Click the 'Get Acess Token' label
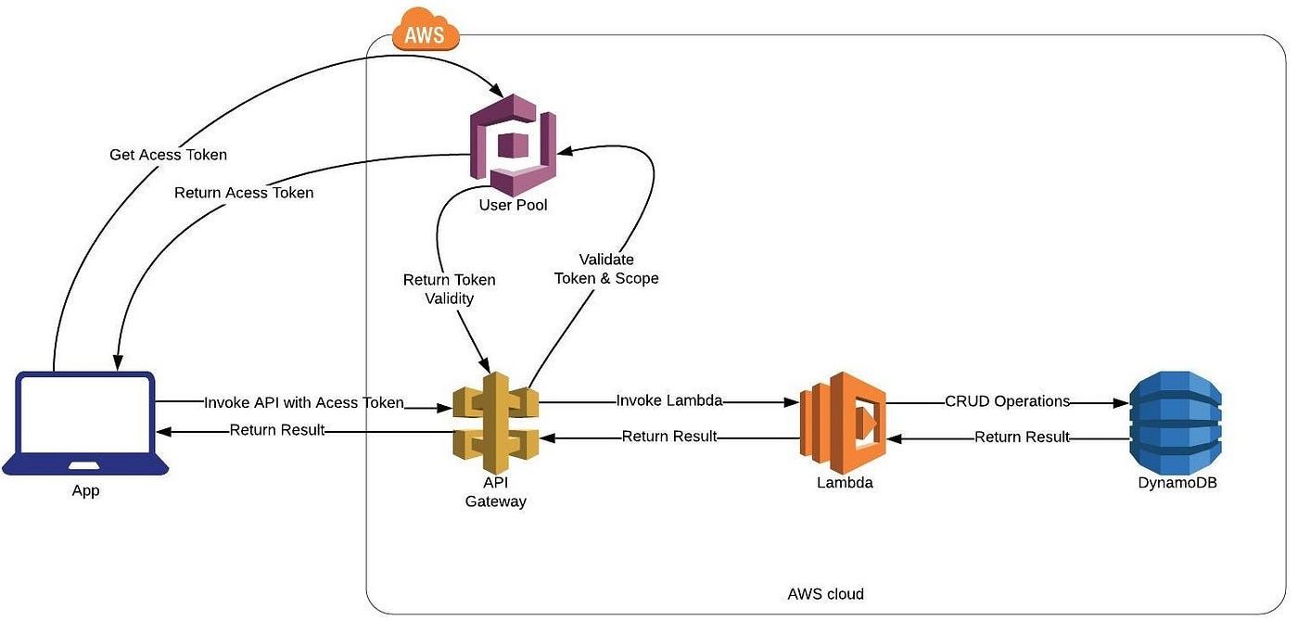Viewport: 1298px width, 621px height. (168, 154)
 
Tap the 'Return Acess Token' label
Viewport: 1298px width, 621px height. (244, 193)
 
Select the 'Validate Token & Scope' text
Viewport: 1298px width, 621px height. (606, 269)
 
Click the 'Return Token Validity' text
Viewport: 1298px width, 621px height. (449, 289)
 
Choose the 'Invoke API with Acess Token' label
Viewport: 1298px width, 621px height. (304, 402)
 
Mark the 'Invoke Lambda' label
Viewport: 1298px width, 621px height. (669, 401)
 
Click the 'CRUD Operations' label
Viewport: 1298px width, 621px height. (1008, 401)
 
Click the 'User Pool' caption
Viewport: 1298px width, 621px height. (513, 205)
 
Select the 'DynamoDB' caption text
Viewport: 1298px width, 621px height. (1177, 482)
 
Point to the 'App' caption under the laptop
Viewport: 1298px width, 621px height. (85, 491)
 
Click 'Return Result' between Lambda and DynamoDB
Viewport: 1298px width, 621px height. (1022, 437)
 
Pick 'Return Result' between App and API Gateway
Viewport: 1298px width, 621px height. (277, 429)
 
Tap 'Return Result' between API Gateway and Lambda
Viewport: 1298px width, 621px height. (669, 436)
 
